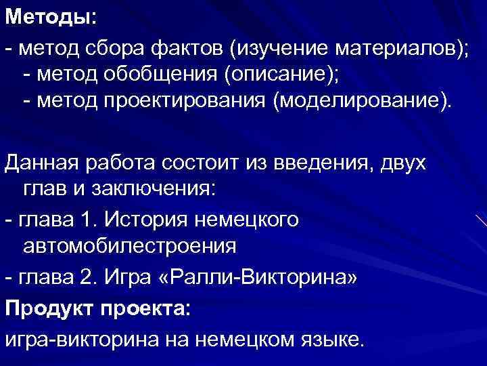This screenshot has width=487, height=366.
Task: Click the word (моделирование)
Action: tap(361, 101)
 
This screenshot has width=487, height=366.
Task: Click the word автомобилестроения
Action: tap(129, 245)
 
